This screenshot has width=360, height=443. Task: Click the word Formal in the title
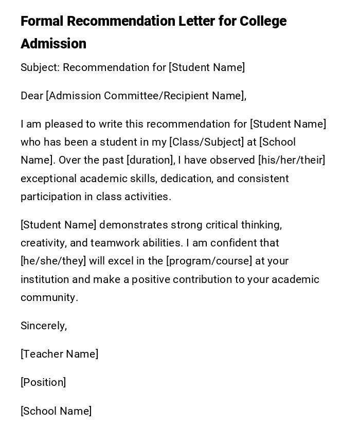coord(42,22)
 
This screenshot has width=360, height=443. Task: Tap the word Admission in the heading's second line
coord(53,44)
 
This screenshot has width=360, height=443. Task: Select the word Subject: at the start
coord(40,67)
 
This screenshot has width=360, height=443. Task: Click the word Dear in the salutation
coord(32,96)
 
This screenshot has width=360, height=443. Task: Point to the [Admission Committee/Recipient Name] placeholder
coord(146,96)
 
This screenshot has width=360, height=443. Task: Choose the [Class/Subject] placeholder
coord(207,142)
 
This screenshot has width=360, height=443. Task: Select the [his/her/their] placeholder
coord(292,160)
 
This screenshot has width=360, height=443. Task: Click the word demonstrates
coord(134,225)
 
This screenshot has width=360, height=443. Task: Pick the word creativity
coord(41,243)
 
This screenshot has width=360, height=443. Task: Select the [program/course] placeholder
coord(209,261)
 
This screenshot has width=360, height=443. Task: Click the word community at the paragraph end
coord(48,297)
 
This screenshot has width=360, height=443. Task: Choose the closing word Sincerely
coord(43,326)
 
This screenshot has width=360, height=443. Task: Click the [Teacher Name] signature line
coord(60,354)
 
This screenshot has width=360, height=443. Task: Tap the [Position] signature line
coord(43,382)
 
